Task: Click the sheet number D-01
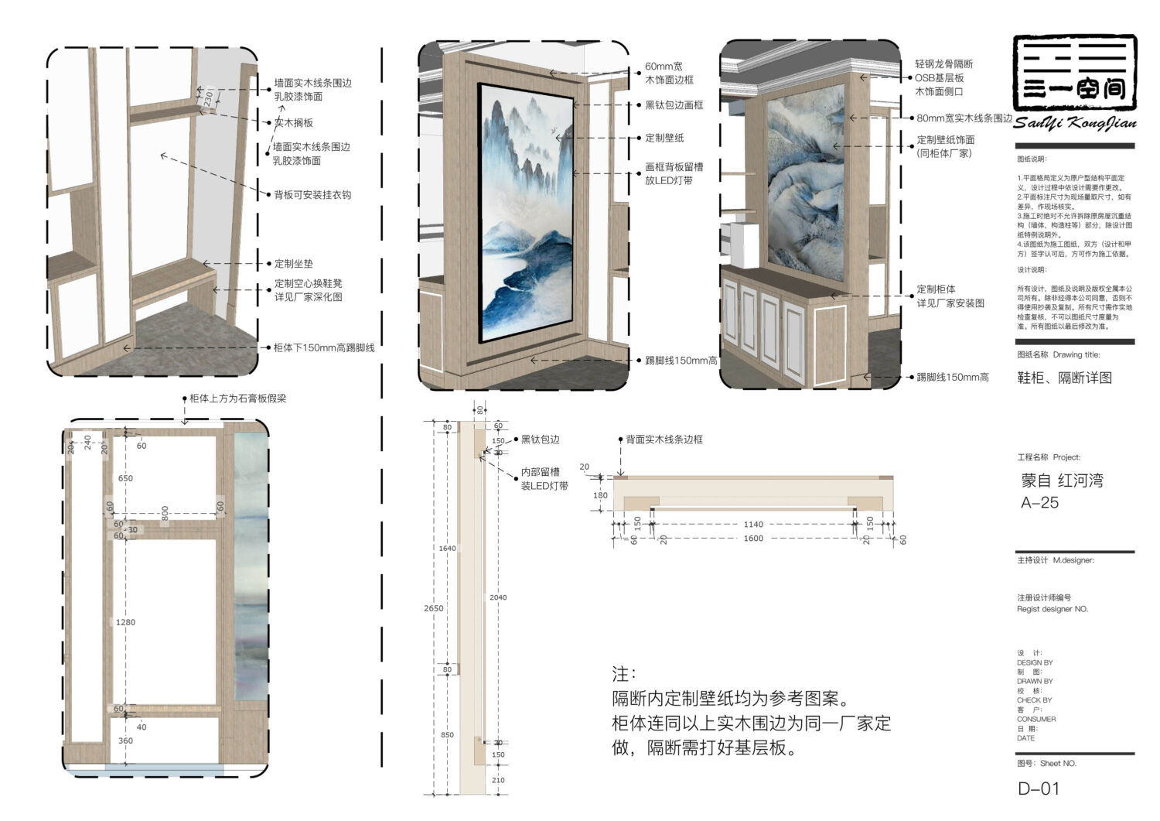click(x=1038, y=789)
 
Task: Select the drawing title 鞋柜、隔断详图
click(x=1064, y=378)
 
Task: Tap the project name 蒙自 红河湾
click(x=1062, y=480)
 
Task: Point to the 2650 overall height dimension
click(x=434, y=608)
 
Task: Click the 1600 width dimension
click(x=752, y=538)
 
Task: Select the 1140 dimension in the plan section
click(x=752, y=524)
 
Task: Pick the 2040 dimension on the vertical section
click(x=498, y=597)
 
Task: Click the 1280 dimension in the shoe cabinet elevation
click(x=125, y=622)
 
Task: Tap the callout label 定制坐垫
click(x=294, y=263)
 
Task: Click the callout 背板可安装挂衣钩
click(x=312, y=194)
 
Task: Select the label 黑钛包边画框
click(x=674, y=105)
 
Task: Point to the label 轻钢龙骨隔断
click(x=944, y=64)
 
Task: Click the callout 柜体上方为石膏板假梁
click(x=238, y=399)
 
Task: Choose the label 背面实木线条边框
click(x=664, y=439)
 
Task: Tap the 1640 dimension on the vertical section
click(x=447, y=548)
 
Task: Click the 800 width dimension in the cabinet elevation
click(x=165, y=511)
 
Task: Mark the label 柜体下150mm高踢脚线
click(x=324, y=347)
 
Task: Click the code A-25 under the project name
click(x=1039, y=502)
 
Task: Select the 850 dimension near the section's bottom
click(x=447, y=734)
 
